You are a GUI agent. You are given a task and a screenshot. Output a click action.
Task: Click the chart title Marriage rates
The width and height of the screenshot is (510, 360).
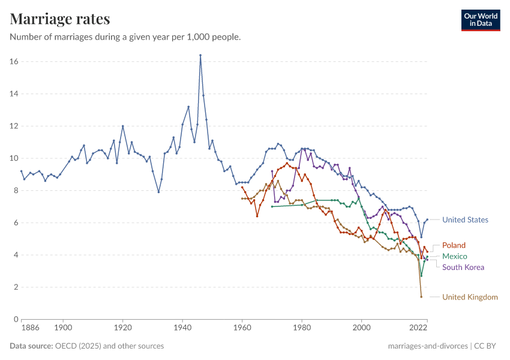(x=60, y=19)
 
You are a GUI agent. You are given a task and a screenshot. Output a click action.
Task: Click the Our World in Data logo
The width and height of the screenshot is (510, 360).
(x=481, y=20)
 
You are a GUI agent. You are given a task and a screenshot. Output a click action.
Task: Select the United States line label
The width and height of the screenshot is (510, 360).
(x=465, y=220)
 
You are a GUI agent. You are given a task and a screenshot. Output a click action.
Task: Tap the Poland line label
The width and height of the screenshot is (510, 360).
(x=454, y=245)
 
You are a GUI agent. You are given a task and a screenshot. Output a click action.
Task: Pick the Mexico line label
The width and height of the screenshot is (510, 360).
(x=454, y=256)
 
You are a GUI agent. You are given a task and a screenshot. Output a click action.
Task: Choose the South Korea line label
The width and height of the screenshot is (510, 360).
(x=463, y=267)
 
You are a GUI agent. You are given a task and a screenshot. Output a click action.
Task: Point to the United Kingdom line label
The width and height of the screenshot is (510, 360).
(x=470, y=297)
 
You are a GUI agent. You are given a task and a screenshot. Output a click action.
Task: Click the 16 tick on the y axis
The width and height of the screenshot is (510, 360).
(x=14, y=62)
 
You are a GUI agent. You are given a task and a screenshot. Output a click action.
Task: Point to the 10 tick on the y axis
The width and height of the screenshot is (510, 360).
(x=14, y=158)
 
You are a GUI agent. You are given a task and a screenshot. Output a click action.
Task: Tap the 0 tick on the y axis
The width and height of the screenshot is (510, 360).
(x=16, y=319)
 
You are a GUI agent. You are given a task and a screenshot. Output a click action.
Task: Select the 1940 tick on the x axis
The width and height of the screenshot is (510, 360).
(x=182, y=328)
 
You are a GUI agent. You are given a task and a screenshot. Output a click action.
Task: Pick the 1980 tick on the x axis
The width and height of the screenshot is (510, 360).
(x=302, y=328)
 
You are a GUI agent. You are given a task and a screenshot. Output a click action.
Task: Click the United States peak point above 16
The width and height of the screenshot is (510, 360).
(x=200, y=55)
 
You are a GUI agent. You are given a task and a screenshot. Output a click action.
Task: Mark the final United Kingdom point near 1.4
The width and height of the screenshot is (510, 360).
(x=421, y=296)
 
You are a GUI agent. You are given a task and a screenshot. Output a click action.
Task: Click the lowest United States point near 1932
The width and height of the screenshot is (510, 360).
(x=158, y=192)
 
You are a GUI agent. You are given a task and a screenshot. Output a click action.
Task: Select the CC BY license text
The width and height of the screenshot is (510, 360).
(x=487, y=346)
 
